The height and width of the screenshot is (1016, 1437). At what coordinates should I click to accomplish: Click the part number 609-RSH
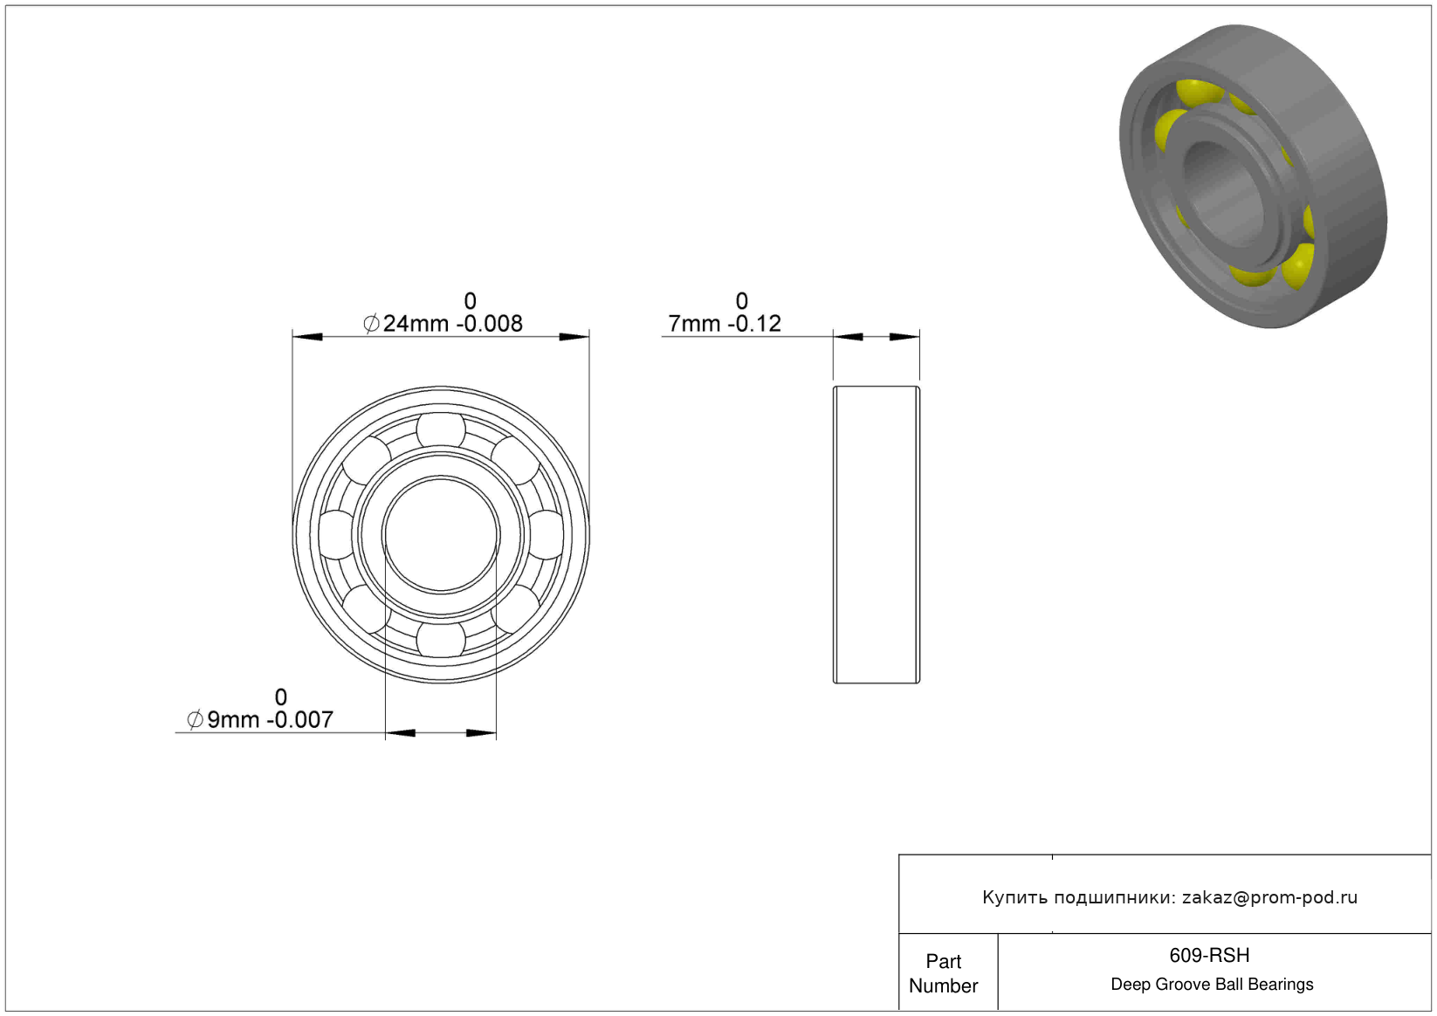pos(1209,956)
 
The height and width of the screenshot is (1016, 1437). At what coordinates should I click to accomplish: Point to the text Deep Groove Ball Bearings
pos(1212,984)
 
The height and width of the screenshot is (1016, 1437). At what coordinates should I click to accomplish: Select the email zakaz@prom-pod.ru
pos(1269,897)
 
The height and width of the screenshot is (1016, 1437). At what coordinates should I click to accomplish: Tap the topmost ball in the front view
pos(441,429)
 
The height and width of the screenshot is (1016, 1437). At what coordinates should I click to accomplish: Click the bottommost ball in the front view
pos(441,640)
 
